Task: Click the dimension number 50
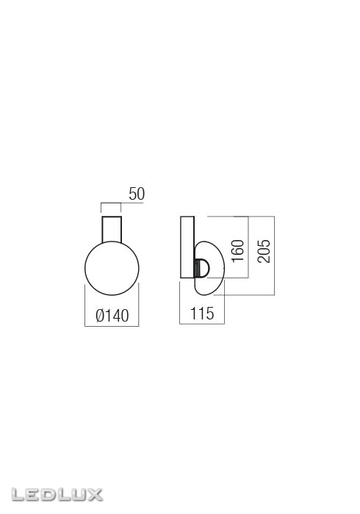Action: (x=137, y=194)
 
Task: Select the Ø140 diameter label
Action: (x=112, y=316)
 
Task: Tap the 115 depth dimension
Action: (x=201, y=314)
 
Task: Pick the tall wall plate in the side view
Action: (x=187, y=248)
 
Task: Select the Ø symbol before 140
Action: (x=100, y=316)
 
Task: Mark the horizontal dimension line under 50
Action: (x=111, y=203)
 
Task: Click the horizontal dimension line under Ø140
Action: (x=111, y=326)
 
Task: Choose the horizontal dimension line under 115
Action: (x=202, y=324)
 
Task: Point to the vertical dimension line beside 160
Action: (x=248, y=247)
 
